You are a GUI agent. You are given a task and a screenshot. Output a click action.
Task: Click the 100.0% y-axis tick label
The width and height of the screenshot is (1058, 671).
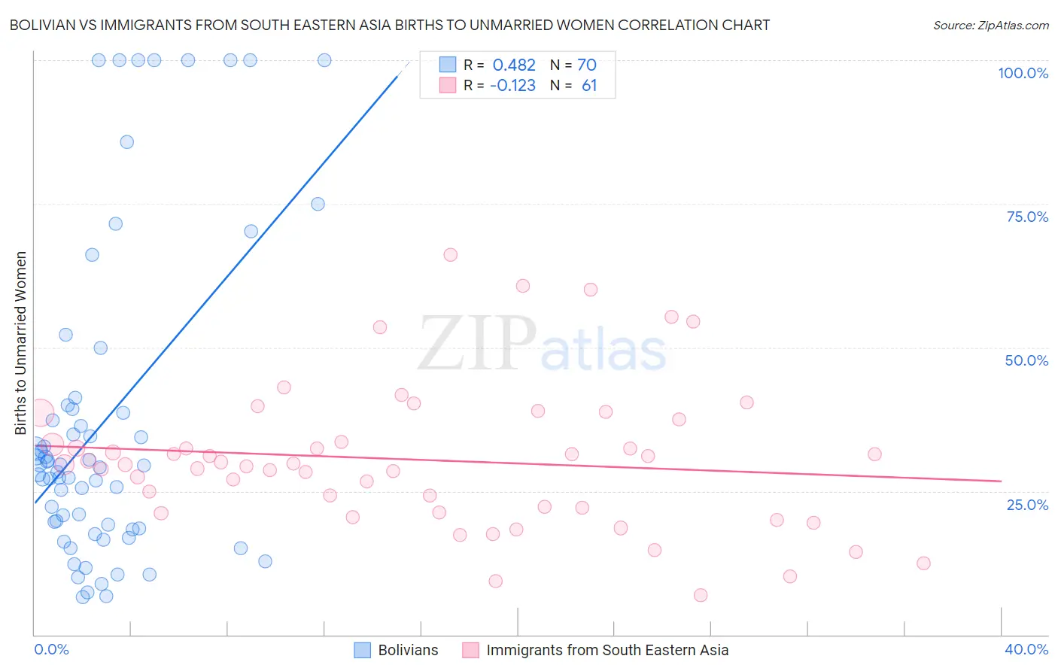1023,73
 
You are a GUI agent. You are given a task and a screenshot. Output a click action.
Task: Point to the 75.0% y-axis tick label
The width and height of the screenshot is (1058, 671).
1027,217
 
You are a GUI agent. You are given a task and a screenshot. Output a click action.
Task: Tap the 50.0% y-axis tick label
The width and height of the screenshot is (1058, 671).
1026,360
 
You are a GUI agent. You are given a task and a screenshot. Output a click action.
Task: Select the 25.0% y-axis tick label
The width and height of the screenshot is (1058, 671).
1027,504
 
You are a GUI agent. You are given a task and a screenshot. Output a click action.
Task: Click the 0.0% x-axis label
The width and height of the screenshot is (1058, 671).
51,649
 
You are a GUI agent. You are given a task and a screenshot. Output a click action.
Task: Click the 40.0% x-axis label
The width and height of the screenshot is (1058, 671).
1026,649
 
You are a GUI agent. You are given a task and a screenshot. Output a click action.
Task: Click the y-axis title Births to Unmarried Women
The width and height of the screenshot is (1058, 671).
20,343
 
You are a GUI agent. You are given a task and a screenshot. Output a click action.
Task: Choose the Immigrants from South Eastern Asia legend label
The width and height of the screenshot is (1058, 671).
607,650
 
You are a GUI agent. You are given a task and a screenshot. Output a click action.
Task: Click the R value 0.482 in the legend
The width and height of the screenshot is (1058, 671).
514,65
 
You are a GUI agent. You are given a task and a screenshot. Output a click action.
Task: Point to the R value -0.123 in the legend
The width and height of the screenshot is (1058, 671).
512,86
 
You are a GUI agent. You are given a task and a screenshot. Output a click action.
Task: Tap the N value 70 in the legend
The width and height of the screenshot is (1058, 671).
586,65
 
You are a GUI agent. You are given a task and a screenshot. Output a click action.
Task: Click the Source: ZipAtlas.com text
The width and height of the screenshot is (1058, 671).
990,26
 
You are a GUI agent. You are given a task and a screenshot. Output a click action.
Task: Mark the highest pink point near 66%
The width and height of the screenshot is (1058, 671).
451,255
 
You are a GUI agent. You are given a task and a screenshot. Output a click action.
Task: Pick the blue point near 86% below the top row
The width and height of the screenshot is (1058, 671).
127,142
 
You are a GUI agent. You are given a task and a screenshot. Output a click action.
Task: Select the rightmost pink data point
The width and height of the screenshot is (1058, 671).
923,563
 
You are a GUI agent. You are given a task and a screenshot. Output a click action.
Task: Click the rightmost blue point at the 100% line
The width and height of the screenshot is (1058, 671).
324,60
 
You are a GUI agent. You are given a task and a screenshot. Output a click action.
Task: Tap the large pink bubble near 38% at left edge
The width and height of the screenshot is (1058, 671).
40,413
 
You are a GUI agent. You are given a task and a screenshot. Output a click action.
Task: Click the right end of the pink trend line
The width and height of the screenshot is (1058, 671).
1001,481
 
